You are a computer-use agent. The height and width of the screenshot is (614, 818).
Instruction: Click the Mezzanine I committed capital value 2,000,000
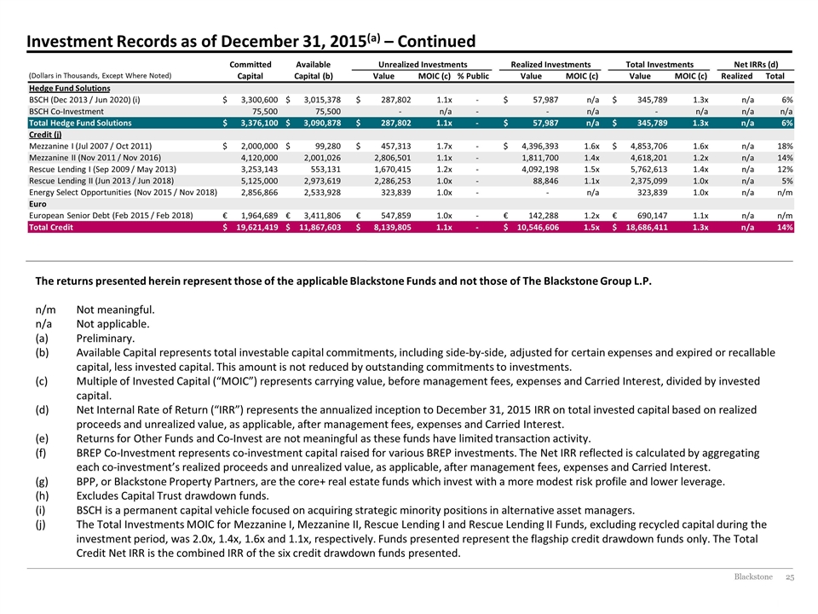coord(259,146)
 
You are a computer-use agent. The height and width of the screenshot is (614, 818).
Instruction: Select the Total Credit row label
coord(51,227)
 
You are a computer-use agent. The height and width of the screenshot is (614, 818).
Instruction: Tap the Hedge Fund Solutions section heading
coord(69,88)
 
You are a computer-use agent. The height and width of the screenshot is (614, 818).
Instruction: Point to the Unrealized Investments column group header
coord(423,64)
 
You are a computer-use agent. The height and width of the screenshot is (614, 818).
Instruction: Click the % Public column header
coord(473,76)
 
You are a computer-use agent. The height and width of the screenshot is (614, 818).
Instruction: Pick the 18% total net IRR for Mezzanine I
coord(785,146)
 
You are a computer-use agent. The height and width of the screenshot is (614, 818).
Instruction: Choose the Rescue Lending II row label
coord(101,181)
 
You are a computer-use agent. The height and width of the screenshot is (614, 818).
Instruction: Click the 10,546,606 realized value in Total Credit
coord(538,227)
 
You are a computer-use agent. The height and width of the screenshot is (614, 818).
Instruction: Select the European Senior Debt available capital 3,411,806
coord(322,216)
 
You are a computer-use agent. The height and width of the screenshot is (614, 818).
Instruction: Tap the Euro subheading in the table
coord(37,204)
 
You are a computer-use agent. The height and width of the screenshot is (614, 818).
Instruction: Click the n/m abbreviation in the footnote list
coord(45,310)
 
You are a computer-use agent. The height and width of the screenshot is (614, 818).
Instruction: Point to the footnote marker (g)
coord(42,481)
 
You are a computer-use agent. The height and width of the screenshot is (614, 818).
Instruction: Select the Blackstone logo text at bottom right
coord(753,576)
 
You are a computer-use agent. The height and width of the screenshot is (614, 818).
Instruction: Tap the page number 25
coord(790,576)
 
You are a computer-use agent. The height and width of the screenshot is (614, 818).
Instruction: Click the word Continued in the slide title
coord(436,41)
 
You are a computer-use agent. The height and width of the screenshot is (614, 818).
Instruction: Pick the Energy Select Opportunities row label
coord(123,192)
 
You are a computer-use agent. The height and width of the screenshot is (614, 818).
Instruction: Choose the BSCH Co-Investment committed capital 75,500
coord(265,111)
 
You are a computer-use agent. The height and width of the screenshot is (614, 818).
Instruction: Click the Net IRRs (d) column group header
coord(756,64)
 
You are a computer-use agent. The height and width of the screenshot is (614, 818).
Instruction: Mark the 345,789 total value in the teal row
coord(652,123)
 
